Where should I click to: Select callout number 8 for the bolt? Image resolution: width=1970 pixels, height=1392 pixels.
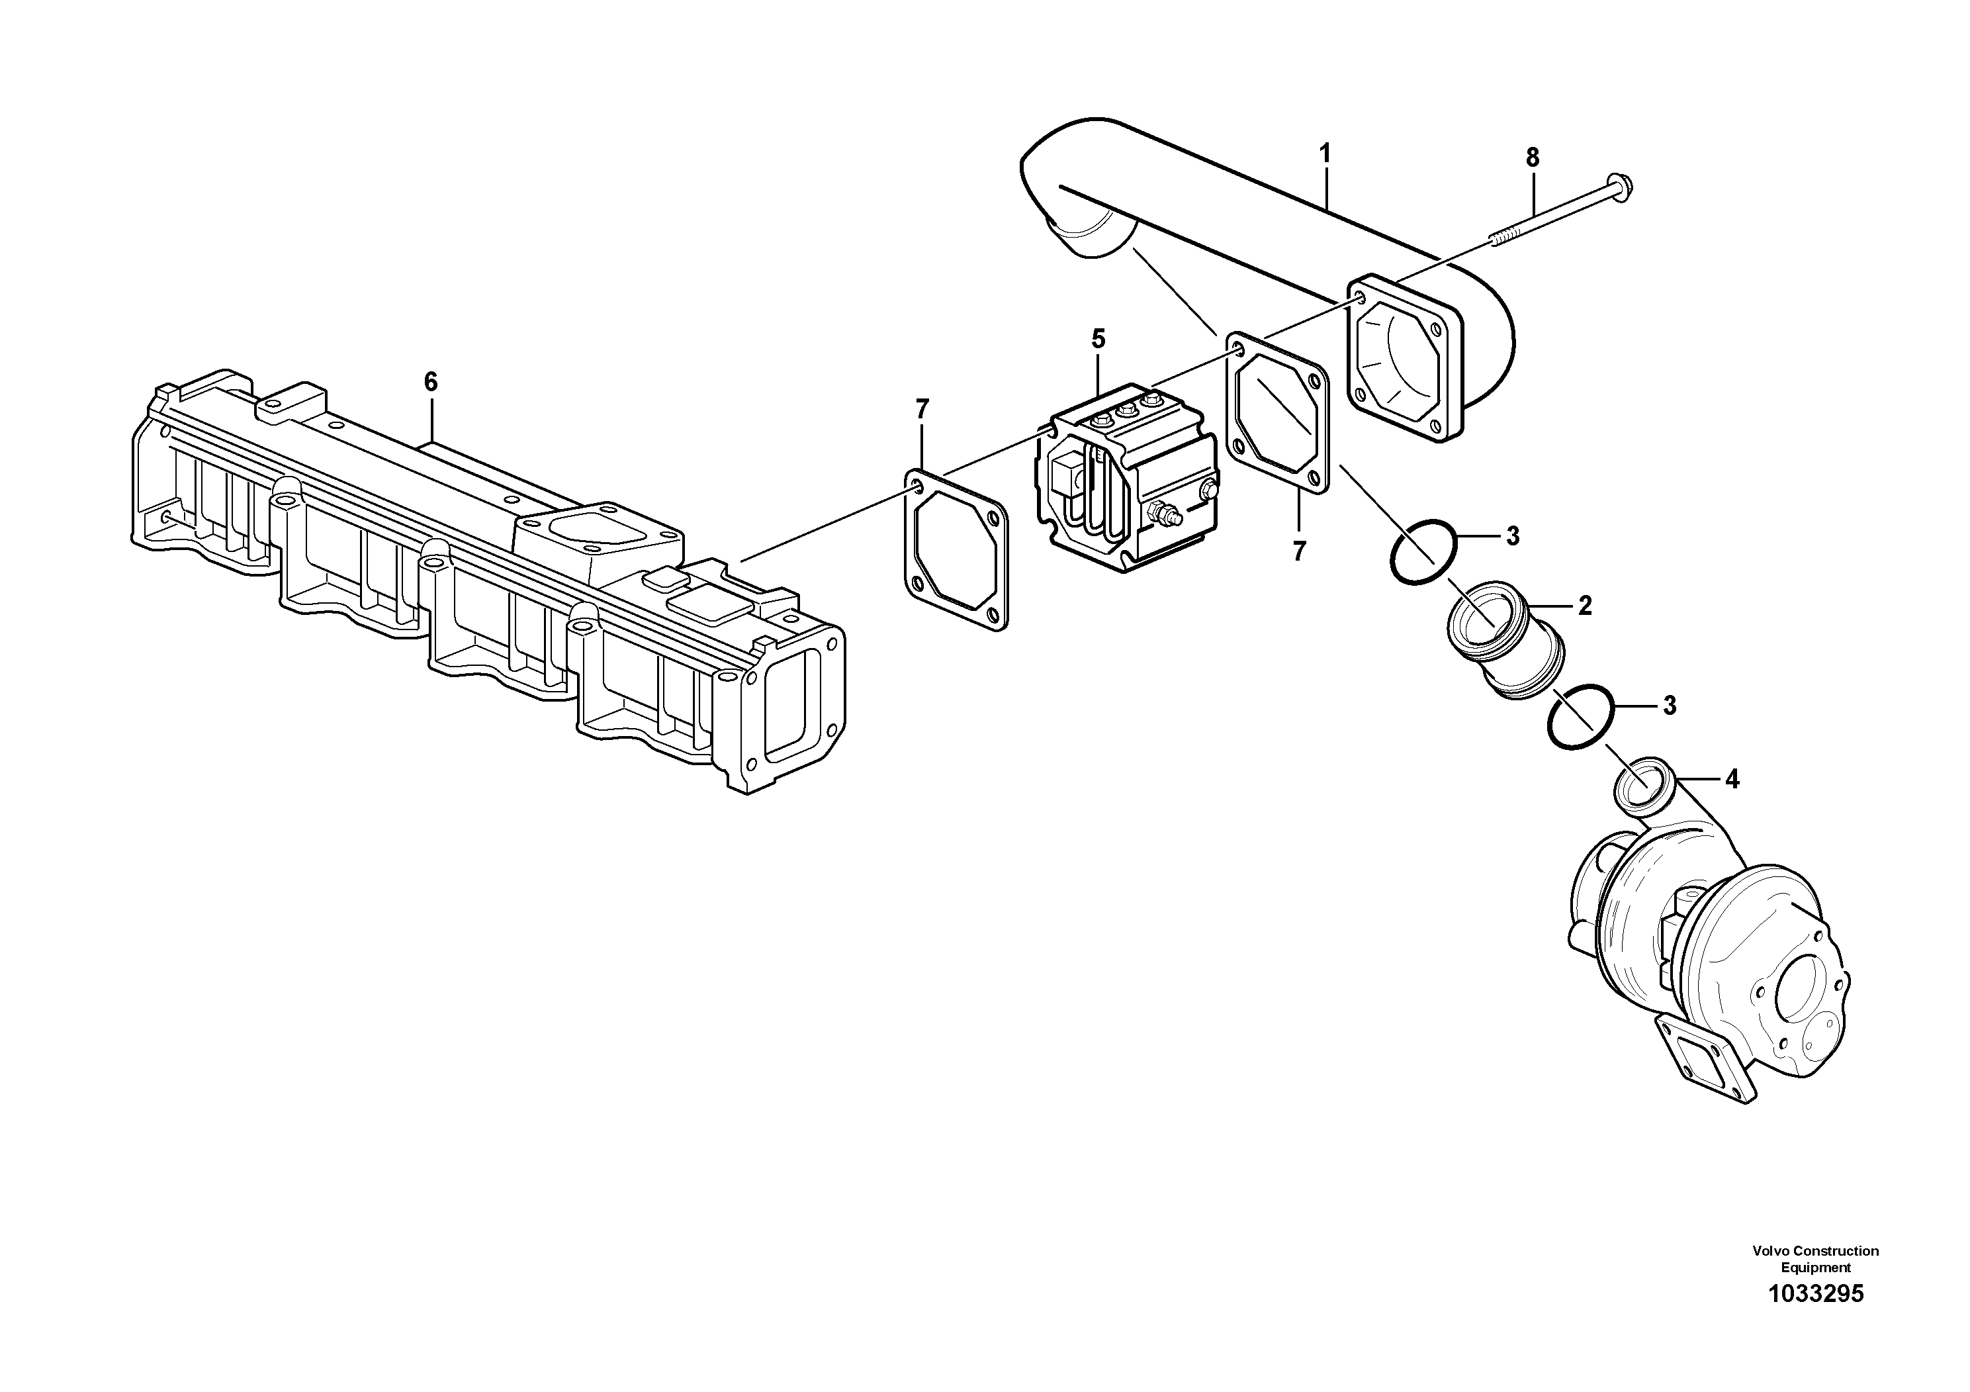1533,158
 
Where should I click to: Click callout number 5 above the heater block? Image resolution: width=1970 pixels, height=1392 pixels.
1098,339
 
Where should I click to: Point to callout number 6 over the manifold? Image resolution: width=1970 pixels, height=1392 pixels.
431,382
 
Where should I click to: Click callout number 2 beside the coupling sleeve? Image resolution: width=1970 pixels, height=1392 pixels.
1585,606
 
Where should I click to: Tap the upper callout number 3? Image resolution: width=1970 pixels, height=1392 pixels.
1513,536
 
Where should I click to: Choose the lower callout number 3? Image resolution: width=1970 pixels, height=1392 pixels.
1669,706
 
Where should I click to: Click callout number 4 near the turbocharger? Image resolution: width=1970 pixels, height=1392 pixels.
1732,779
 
